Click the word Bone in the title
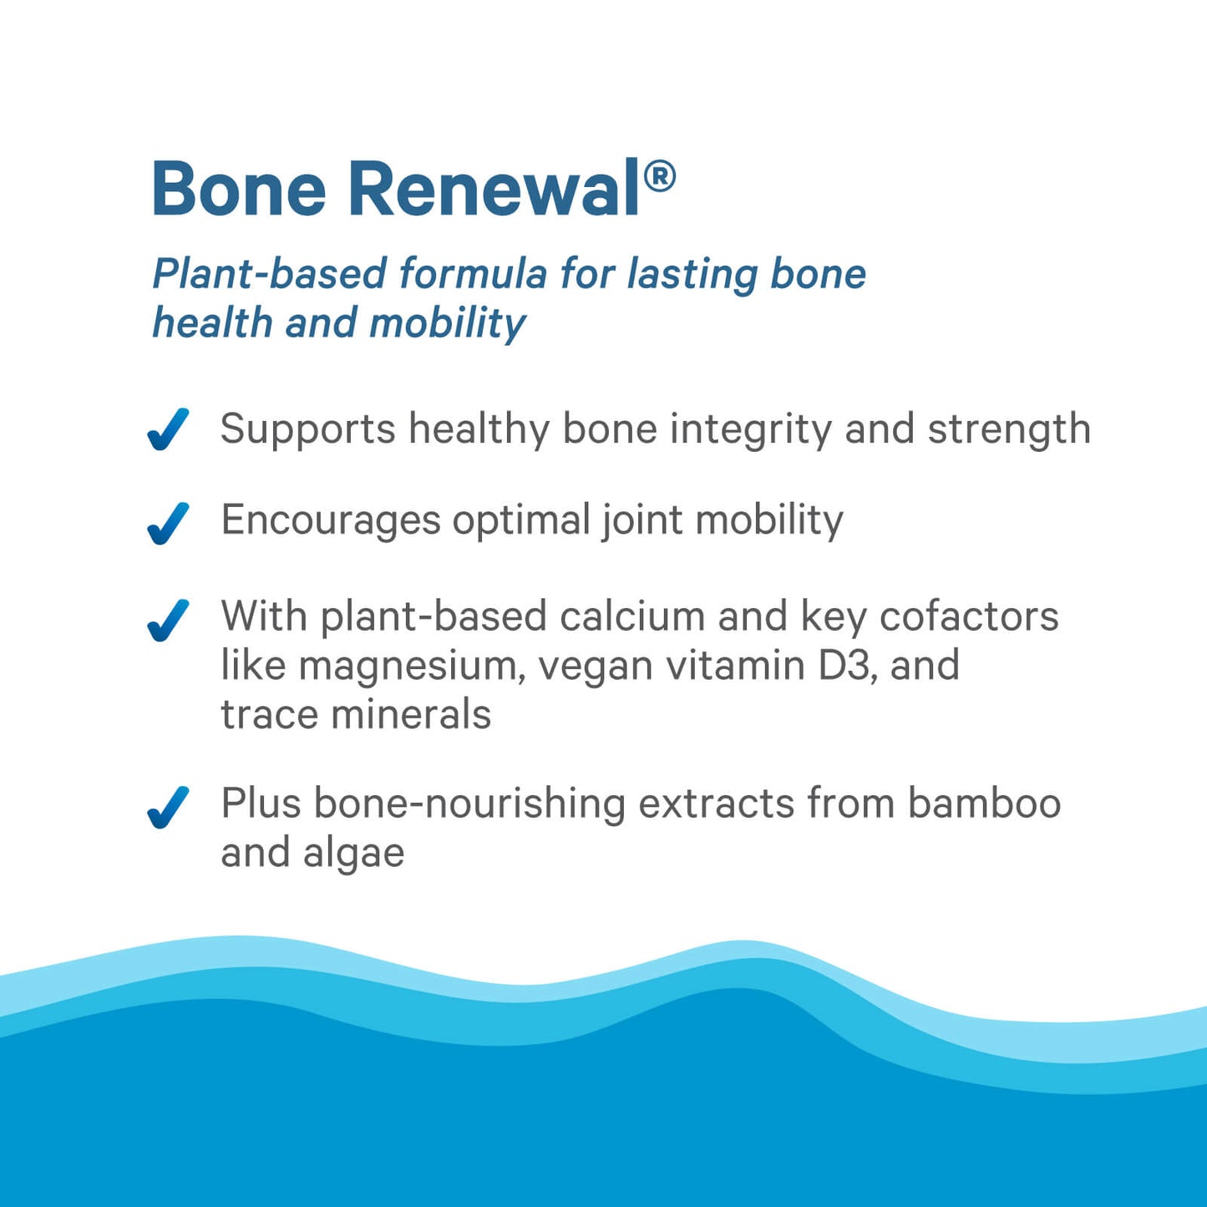point(238,189)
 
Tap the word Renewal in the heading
point(494,189)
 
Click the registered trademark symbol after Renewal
point(660,176)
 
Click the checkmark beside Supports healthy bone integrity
point(168,429)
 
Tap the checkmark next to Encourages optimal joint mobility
point(168,523)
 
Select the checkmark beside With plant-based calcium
point(168,620)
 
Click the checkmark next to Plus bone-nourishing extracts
point(168,807)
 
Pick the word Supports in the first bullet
point(307,430)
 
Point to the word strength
point(1009,429)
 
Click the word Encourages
point(330,521)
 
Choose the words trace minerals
point(355,715)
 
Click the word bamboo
point(984,804)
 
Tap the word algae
point(353,854)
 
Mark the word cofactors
point(969,616)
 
